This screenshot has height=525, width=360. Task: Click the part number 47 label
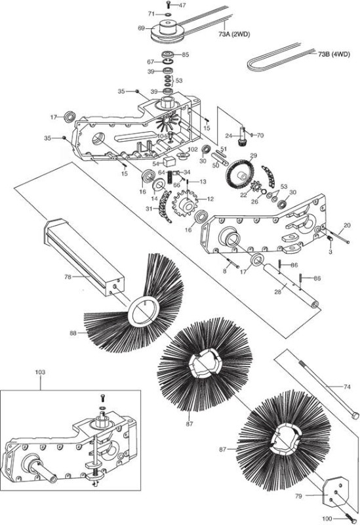pyautogui.click(x=182, y=5)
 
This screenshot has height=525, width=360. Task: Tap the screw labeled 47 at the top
pyautogui.click(x=168, y=5)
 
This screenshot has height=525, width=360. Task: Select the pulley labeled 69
pyautogui.click(x=166, y=31)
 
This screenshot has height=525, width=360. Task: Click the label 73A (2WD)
pyautogui.click(x=235, y=34)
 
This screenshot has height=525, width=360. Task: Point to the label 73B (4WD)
pyautogui.click(x=334, y=54)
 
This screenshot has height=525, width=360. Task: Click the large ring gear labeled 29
pyautogui.click(x=240, y=174)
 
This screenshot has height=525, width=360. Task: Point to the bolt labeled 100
pyautogui.click(x=350, y=516)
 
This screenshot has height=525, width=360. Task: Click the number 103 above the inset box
pyautogui.click(x=40, y=372)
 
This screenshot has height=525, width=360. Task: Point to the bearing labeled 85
pyautogui.click(x=169, y=54)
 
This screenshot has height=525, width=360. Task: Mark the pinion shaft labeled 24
pyautogui.click(x=241, y=136)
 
